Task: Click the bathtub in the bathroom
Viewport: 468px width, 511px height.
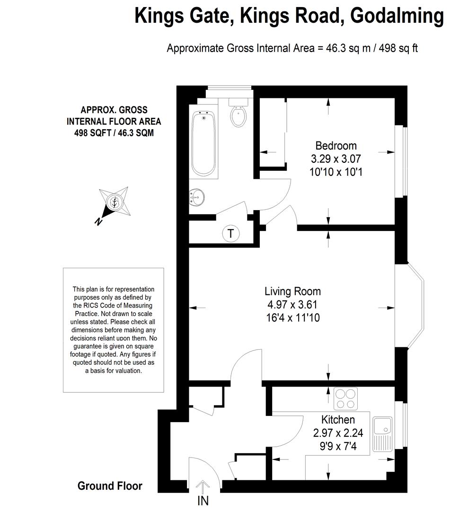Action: [x=203, y=143]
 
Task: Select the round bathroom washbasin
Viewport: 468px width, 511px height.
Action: [x=197, y=197]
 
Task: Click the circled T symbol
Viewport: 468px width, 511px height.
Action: [x=231, y=233]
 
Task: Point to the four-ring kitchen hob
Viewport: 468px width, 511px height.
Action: [x=345, y=398]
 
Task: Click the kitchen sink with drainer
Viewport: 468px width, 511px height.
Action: [x=383, y=434]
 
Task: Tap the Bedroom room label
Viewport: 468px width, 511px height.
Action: [x=336, y=146]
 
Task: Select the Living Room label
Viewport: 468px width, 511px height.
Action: [x=292, y=291]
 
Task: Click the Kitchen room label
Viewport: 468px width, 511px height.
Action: [x=338, y=419]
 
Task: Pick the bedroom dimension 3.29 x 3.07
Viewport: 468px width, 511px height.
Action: [x=336, y=159]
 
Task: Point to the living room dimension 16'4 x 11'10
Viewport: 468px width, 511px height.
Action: [x=293, y=317]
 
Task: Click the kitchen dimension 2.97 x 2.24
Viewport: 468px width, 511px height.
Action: [x=338, y=433]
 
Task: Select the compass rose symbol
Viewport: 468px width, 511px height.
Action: [x=115, y=203]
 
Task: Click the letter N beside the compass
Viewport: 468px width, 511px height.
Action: [x=98, y=221]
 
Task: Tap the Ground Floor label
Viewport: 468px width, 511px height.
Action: [x=110, y=486]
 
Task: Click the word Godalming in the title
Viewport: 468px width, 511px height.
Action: [x=397, y=16]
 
